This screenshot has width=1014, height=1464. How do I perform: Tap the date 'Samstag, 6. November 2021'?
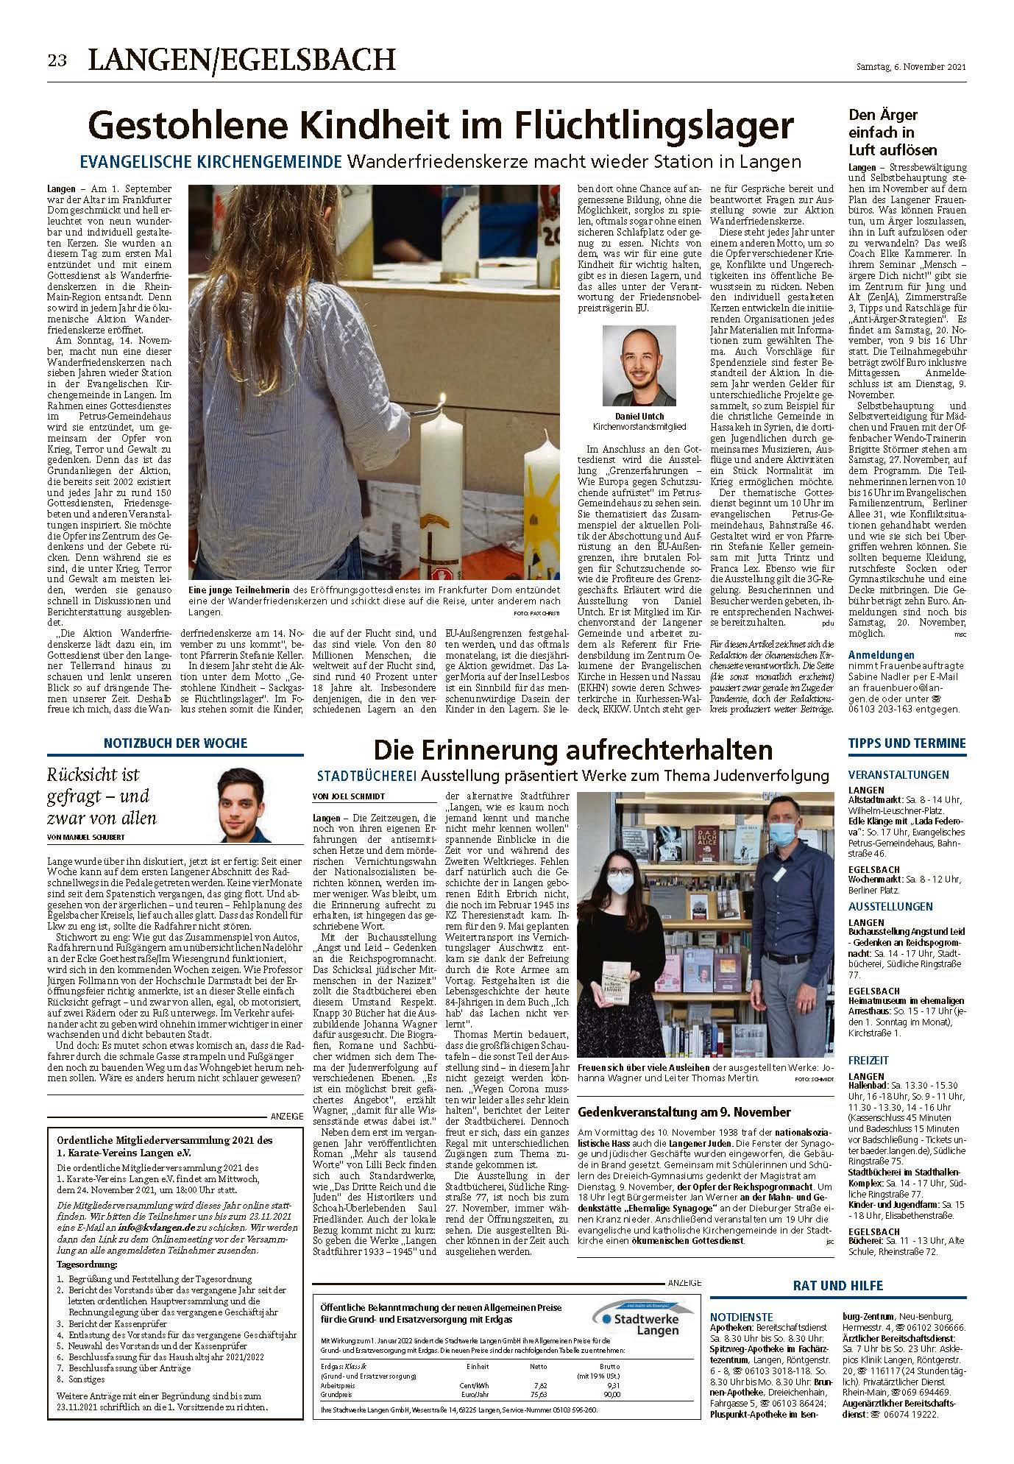pyautogui.click(x=910, y=67)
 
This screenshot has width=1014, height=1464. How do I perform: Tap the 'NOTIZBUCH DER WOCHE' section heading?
pyautogui.click(x=175, y=743)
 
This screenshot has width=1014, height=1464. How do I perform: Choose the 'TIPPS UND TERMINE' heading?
pyautogui.click(x=907, y=743)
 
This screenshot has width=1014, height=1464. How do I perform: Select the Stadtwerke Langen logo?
pyautogui.click(x=637, y=1314)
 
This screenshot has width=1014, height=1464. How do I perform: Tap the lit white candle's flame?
pyautogui.click(x=443, y=401)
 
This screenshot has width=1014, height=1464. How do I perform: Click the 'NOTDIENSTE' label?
pyautogui.click(x=741, y=1315)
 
